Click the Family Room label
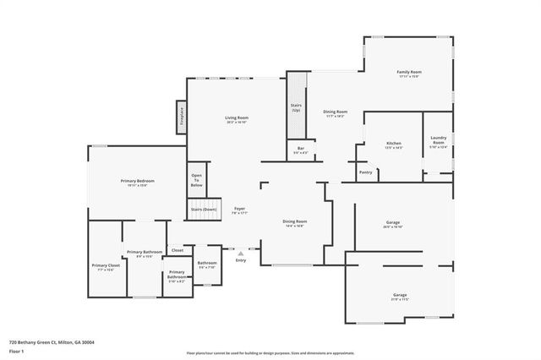click(x=409, y=73)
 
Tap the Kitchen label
click(x=393, y=144)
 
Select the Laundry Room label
click(x=438, y=142)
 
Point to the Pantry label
click(x=365, y=172)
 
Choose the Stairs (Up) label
click(x=296, y=108)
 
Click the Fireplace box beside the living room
click(x=180, y=115)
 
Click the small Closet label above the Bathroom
click(x=178, y=250)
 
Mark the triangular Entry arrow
click(x=241, y=252)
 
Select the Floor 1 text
click(x=17, y=352)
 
